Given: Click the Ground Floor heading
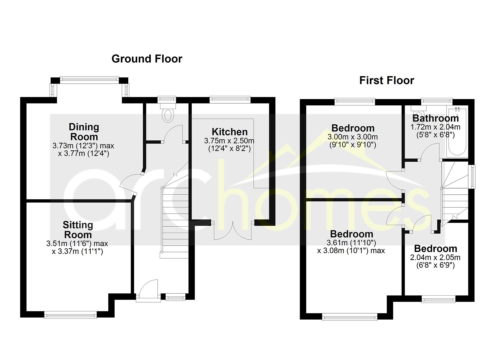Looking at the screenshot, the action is pos(147,59).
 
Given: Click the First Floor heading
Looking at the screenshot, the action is pos(386,80).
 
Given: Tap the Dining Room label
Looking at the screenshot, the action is pos(84,132).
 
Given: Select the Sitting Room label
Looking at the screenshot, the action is pos(78,230).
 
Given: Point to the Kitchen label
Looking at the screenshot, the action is pos(230,132).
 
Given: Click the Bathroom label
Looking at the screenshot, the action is pos(436,118).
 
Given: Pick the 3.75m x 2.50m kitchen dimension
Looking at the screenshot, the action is pos(229,141).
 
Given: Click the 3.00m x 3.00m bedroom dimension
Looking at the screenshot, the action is pos(352,137).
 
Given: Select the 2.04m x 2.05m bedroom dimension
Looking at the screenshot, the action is pos(435,257).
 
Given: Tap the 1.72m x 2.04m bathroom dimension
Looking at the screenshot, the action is pos(435,127).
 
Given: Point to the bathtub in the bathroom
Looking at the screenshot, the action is pos(457,132).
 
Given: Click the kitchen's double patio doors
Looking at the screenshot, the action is pos(232,230).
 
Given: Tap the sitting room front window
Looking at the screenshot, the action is pos(70,315).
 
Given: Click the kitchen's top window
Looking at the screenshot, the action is pos(230,100).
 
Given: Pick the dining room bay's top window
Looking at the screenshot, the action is pos(89,80).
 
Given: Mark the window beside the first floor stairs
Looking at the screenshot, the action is pos(472,177).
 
